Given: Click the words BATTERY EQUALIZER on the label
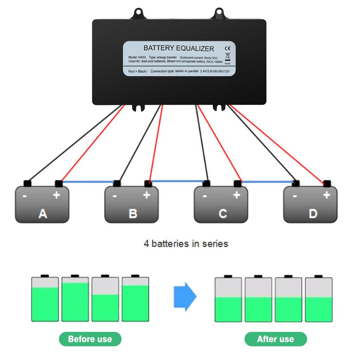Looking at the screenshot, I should click(179, 48).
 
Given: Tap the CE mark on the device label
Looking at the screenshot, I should click(227, 48).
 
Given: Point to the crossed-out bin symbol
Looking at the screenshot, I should click(227, 56).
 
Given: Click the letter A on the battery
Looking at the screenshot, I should click(43, 213).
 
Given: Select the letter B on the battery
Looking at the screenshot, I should click(133, 213).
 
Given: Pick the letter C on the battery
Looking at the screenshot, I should click(222, 213).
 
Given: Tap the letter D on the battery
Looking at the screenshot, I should click(312, 213).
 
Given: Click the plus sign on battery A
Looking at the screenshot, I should click(56, 195).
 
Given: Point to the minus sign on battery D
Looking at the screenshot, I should click(295, 196).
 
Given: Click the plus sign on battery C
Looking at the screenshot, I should click(236, 195).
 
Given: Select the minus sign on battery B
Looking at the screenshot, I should click(115, 196).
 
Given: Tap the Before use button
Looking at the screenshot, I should click(90, 339).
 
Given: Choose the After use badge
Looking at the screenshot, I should click(275, 339).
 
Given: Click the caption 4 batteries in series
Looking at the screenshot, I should click(186, 243).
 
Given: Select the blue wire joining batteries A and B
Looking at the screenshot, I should click(88, 182).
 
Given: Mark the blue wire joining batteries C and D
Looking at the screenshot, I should click(267, 182).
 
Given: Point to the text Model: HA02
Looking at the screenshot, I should click(137, 57).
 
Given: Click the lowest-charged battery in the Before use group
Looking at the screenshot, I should click(105, 299).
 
